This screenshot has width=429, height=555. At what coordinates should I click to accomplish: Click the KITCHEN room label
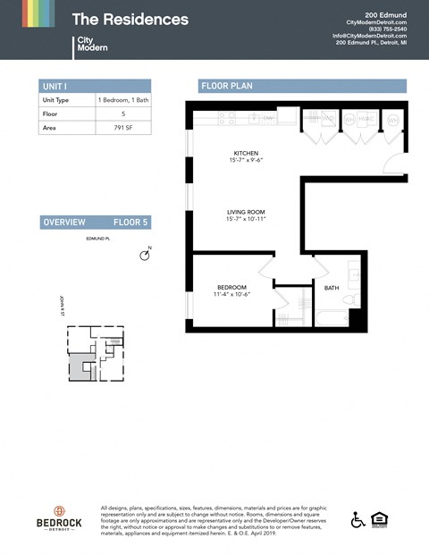pyautogui.click(x=246, y=153)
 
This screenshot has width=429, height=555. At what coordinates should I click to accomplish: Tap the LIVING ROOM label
pyautogui.click(x=246, y=213)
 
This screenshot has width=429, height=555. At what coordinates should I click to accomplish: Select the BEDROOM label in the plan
pyautogui.click(x=231, y=287)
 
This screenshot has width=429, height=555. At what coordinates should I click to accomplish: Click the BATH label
pyautogui.click(x=332, y=288)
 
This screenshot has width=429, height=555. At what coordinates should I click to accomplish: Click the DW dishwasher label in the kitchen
pyautogui.click(x=266, y=118)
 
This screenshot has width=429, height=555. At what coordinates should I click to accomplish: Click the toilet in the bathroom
pyautogui.click(x=355, y=299)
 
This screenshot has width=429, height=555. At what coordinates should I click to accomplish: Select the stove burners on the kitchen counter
pyautogui.click(x=228, y=117)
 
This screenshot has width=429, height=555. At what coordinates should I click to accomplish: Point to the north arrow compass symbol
pyautogui.click(x=145, y=256)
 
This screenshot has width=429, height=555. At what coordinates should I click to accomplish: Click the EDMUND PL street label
pyautogui.click(x=97, y=240)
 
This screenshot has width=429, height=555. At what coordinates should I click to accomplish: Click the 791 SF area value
pyautogui.click(x=123, y=128)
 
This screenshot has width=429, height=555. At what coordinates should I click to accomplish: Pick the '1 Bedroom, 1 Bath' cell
pyautogui.click(x=123, y=101)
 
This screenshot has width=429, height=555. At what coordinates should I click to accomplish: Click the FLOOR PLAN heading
pyautogui.click(x=227, y=87)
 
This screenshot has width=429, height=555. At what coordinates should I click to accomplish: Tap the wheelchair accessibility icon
pyautogui.click(x=358, y=519)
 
